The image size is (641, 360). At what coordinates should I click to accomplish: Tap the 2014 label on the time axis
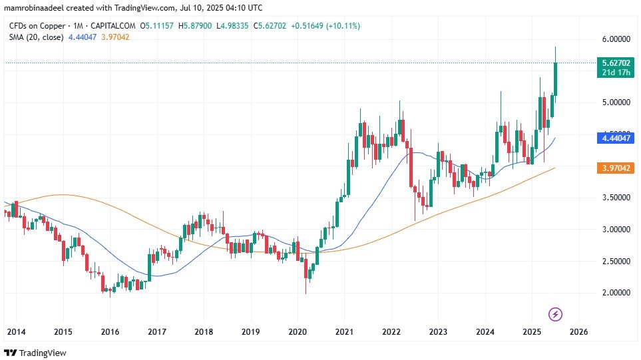[x=16, y=331]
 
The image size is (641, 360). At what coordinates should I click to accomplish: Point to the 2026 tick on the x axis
[x=578, y=331]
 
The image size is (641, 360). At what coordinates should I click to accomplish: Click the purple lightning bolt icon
[x=556, y=313]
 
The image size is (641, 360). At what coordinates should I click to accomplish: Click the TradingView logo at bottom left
[x=36, y=352]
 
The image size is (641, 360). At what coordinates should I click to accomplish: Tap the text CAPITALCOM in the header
[x=118, y=26]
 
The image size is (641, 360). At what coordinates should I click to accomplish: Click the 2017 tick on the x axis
[x=156, y=331]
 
